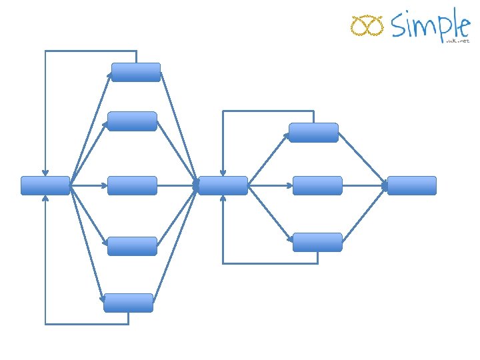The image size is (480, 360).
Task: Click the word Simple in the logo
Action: click(430, 25)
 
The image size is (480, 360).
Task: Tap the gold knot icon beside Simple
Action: click(367, 26)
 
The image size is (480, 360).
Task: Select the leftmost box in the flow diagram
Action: click(45, 185)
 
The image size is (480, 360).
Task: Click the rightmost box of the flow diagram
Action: click(411, 185)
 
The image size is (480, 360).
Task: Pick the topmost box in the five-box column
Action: click(136, 72)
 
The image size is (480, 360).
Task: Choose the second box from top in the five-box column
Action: click(132, 121)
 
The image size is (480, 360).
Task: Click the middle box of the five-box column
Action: click(132, 185)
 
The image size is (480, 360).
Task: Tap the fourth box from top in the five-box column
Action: click(132, 246)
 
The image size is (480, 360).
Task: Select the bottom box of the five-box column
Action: click(128, 303)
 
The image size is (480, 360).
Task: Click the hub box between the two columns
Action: click(223, 185)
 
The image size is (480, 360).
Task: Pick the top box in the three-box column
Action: click(313, 133)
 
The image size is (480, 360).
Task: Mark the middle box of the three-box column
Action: click(317, 185)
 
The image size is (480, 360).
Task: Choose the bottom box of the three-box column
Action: click(317, 242)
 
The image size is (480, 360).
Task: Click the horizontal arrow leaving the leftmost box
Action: click(88, 185)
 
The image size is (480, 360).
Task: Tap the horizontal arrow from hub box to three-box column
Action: click(270, 185)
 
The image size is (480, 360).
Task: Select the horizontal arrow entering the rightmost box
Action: click(365, 185)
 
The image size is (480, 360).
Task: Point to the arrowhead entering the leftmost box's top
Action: click(45, 173)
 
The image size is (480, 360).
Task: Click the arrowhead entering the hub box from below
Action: click(223, 199)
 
